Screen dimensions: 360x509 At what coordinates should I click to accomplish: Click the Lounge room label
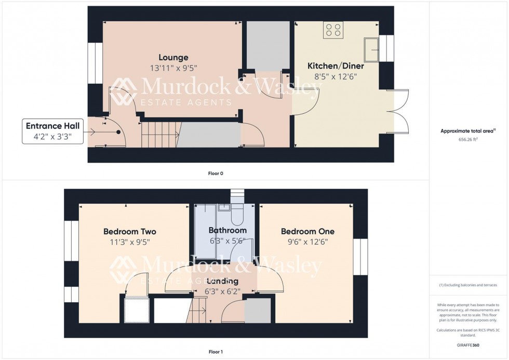[173, 58]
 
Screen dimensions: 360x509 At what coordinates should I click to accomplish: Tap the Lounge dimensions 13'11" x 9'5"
[173, 68]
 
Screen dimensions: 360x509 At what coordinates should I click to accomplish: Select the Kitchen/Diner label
[336, 66]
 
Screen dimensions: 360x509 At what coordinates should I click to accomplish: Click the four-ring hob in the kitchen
[333, 30]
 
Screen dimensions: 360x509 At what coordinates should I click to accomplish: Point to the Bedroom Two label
[129, 232]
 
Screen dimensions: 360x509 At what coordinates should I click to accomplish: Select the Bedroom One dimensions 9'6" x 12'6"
[307, 242]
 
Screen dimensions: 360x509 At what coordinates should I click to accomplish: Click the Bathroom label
[227, 230]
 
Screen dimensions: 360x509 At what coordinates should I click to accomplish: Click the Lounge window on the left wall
[95, 63]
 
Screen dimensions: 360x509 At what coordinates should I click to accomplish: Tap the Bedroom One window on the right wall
[360, 256]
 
